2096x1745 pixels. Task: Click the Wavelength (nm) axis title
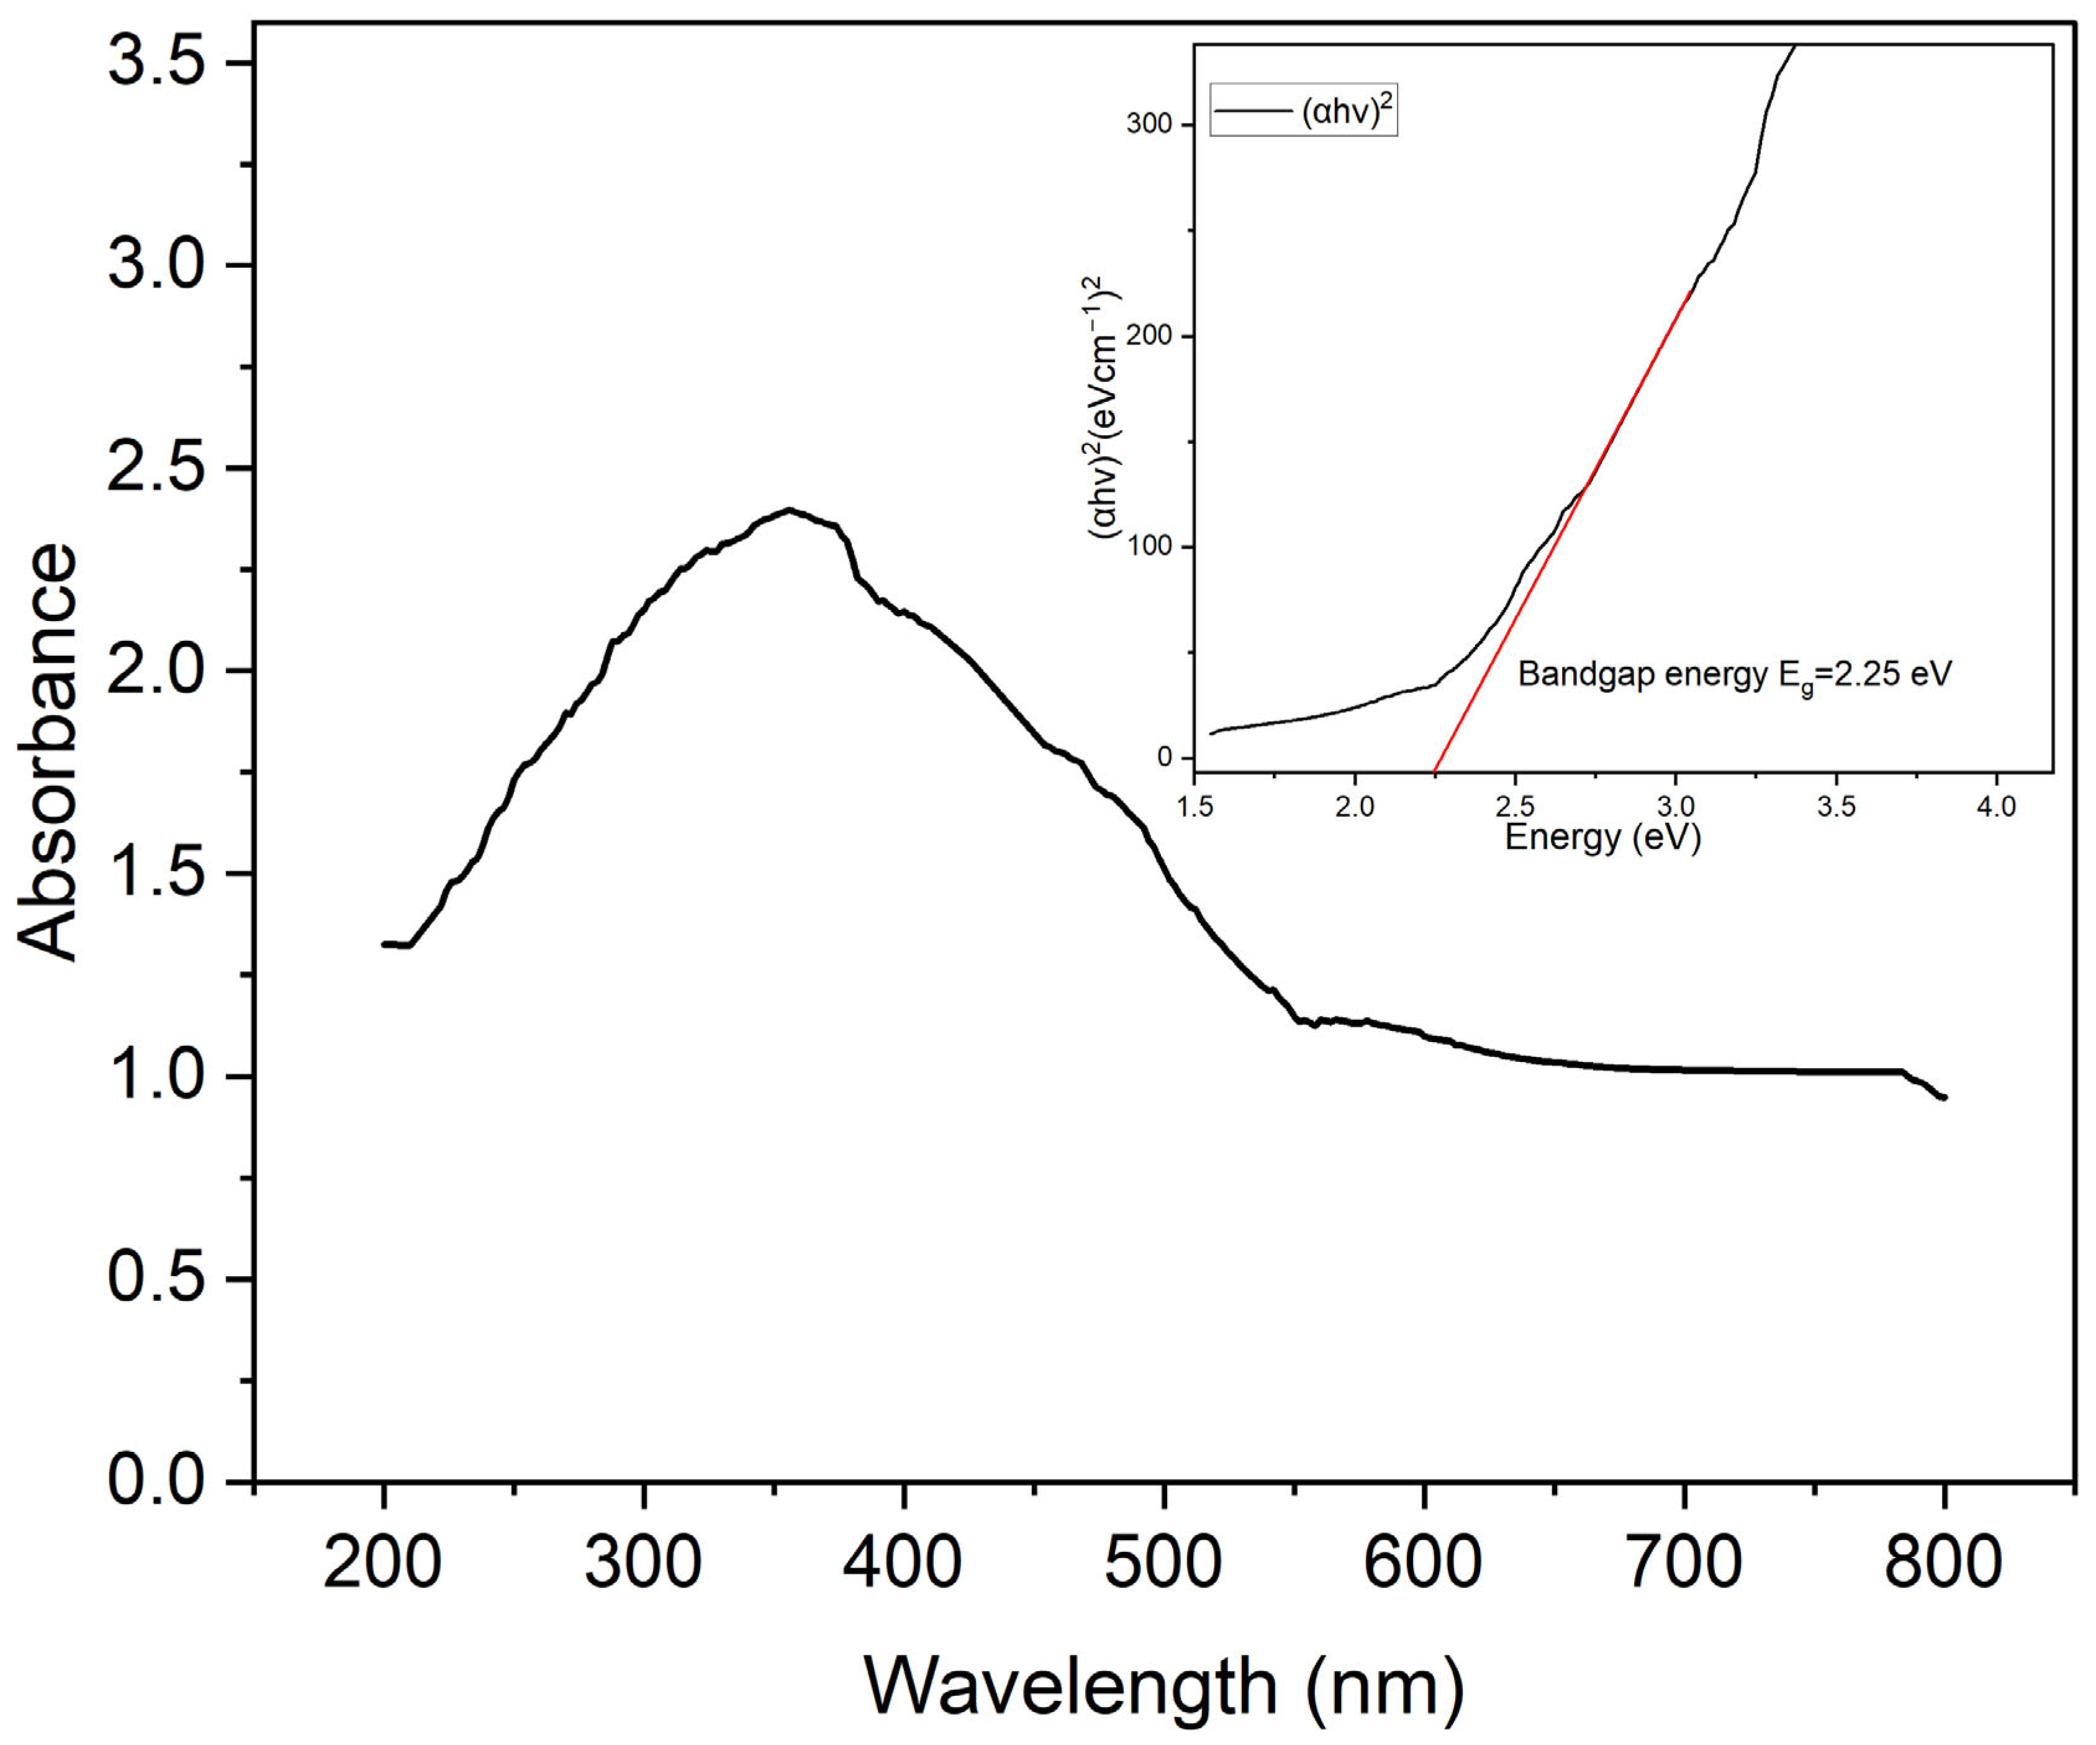click(x=1163, y=1688)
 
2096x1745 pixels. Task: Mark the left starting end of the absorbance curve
click(x=384, y=943)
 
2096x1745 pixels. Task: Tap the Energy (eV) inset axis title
click(x=1602, y=836)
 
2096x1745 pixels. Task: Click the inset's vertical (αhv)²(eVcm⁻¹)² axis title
click(x=1103, y=409)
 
